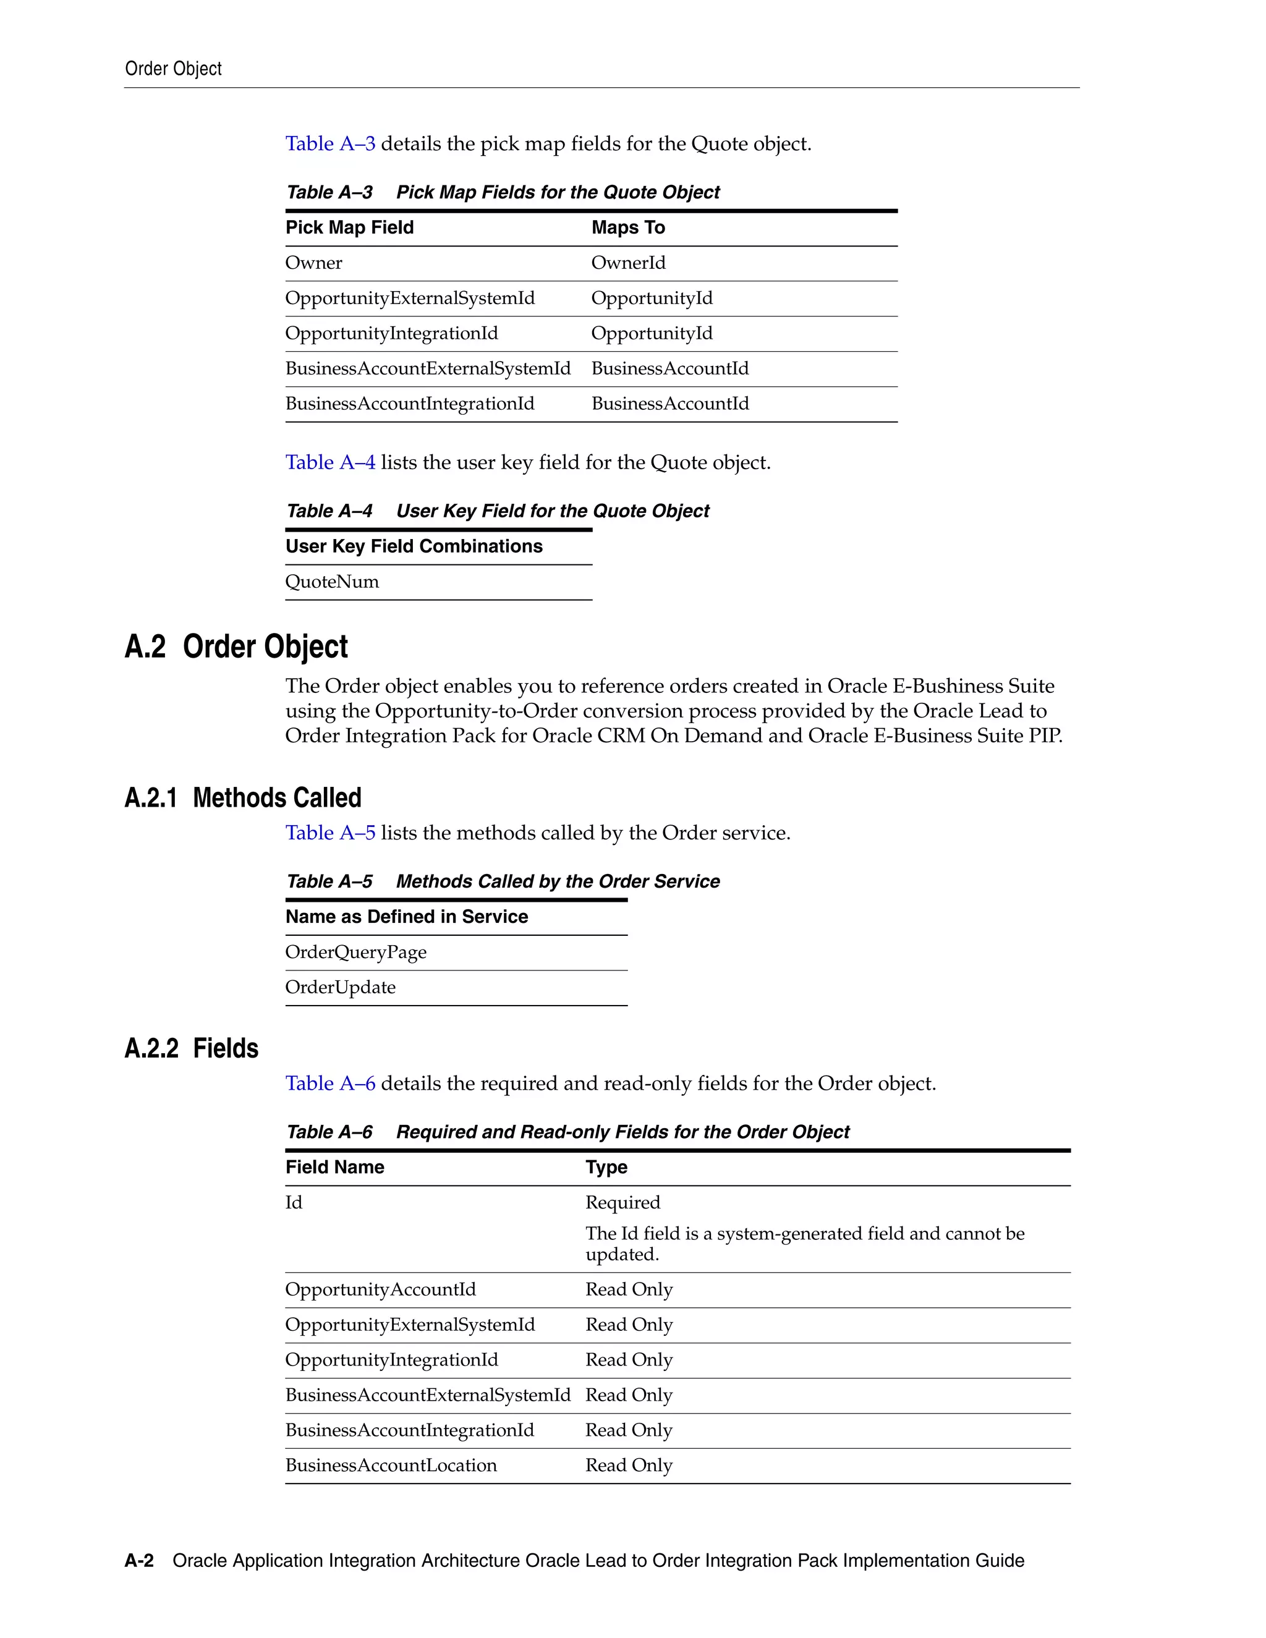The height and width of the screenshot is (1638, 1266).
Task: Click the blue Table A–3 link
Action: pos(330,143)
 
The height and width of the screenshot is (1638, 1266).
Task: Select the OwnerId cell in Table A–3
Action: pos(628,263)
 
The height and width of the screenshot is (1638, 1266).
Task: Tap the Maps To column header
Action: pos(628,227)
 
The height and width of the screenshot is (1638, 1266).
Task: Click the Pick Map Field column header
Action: pos(349,227)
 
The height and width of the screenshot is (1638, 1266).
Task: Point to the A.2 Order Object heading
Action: pos(236,647)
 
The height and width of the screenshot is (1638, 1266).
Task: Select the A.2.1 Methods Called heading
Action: pos(243,797)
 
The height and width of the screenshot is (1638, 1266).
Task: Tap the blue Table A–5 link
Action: pos(330,833)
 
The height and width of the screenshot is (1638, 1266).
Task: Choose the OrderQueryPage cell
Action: pos(355,952)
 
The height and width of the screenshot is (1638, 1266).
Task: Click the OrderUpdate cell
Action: pos(341,987)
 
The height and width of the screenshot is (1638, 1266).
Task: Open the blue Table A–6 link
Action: pos(330,1083)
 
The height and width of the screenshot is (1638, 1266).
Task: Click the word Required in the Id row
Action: pos(622,1202)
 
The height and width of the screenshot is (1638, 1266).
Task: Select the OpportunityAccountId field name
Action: pos(380,1289)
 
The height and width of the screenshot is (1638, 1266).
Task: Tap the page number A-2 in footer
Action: pos(138,1561)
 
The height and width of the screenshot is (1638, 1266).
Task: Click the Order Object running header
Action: pos(173,69)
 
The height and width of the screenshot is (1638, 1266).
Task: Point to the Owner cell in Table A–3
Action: pos(313,263)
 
